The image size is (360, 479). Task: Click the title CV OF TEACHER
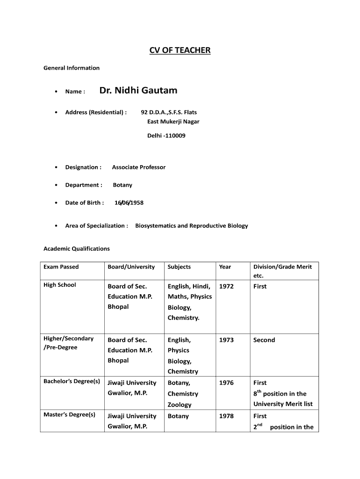click(x=180, y=50)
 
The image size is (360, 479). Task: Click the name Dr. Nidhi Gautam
click(x=138, y=90)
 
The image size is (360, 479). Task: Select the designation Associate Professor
click(x=138, y=167)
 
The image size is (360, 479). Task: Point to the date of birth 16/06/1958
click(x=129, y=203)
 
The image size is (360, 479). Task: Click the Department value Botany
click(x=122, y=185)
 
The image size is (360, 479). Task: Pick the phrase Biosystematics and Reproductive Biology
click(x=192, y=225)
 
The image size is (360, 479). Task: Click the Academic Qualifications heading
click(x=77, y=248)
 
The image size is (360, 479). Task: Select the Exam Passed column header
click(x=61, y=267)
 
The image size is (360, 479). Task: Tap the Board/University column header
click(x=131, y=267)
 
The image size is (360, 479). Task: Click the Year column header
click(x=225, y=267)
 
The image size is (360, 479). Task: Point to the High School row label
click(x=60, y=285)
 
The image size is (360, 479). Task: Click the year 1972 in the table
click(x=226, y=286)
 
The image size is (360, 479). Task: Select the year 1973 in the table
click(x=226, y=340)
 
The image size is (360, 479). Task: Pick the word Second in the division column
click(x=264, y=340)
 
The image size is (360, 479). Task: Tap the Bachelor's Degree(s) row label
click(x=72, y=381)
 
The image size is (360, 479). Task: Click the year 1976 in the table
click(x=226, y=383)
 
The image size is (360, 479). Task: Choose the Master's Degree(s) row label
click(x=69, y=414)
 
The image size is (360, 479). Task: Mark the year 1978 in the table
click(x=226, y=416)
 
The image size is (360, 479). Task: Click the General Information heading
click(x=72, y=68)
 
